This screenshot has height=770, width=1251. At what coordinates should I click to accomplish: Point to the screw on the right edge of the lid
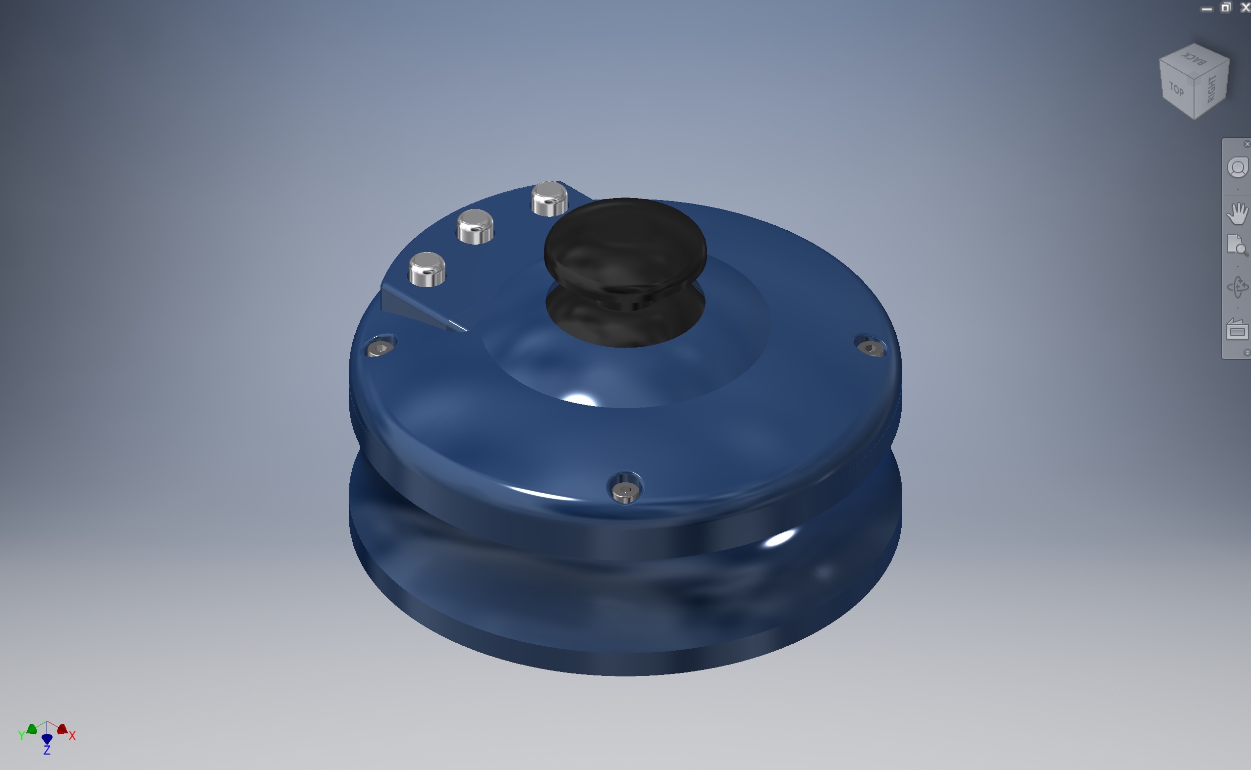(x=871, y=348)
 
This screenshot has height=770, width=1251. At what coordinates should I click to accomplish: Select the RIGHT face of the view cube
(x=1212, y=89)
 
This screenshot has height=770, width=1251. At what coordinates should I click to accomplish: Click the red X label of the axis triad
(x=72, y=735)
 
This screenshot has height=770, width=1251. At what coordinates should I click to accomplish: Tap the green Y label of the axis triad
(x=21, y=735)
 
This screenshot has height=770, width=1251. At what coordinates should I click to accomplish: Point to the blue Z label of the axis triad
(x=47, y=750)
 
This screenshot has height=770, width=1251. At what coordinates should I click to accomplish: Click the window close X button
(x=1245, y=7)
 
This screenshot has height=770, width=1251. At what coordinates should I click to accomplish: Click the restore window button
(x=1226, y=7)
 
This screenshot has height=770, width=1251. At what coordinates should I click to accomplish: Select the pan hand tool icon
(x=1237, y=213)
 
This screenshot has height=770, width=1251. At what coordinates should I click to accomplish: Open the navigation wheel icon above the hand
(x=1238, y=167)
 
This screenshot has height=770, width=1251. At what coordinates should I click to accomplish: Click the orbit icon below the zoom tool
(x=1237, y=287)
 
